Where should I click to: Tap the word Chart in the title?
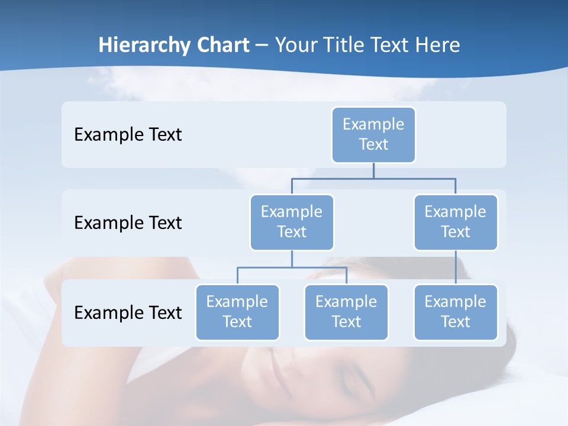[221, 46]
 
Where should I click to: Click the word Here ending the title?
[438, 46]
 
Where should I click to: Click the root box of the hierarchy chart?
[373, 134]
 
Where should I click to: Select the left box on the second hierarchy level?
[292, 222]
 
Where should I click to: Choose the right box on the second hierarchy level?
[456, 222]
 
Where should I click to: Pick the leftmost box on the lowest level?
[237, 312]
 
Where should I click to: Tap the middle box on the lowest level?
[346, 312]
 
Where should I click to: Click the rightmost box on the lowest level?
[456, 312]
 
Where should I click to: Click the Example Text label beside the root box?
[128, 135]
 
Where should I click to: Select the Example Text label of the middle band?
[128, 223]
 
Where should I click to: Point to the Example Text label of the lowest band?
[128, 312]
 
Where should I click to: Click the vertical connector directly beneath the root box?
[373, 170]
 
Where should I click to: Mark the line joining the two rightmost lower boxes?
[456, 267]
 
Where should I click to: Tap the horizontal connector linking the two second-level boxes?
[373, 177]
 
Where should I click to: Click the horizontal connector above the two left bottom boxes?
[292, 267]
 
